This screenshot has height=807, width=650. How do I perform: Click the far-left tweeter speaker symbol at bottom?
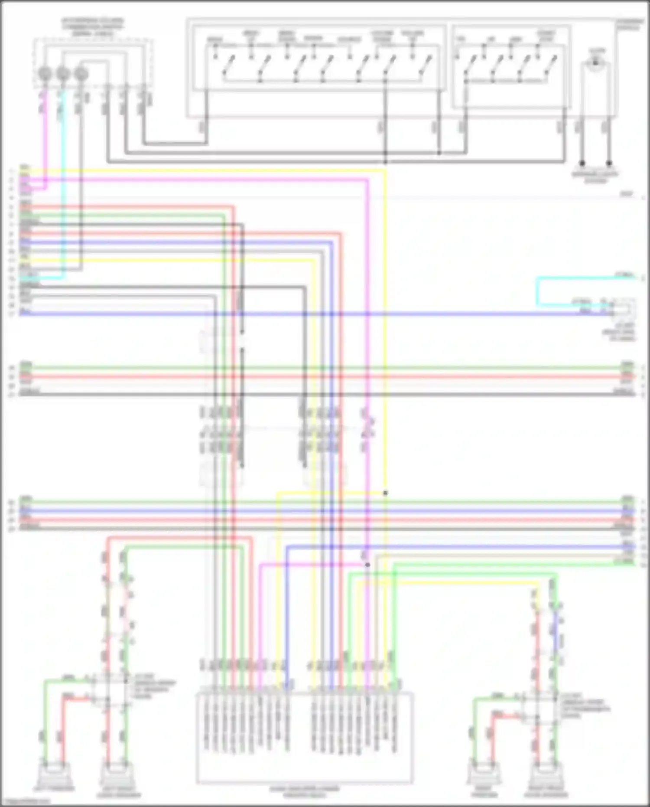click(53, 774)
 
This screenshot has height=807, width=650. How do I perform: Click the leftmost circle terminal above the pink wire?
click(45, 74)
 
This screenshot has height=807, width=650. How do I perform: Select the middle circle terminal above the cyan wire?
click(63, 74)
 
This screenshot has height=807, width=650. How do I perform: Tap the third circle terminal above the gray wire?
click(81, 74)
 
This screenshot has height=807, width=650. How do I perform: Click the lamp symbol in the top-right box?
click(596, 63)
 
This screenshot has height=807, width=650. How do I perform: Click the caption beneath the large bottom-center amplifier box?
click(305, 792)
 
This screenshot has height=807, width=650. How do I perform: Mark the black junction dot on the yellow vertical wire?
click(385, 493)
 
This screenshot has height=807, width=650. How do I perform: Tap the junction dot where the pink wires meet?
click(367, 565)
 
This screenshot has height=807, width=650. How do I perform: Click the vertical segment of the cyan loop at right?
click(537, 291)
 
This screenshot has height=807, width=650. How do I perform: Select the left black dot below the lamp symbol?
click(583, 163)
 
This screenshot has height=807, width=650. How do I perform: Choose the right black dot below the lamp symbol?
click(609, 163)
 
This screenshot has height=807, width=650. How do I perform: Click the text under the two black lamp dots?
click(595, 176)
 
